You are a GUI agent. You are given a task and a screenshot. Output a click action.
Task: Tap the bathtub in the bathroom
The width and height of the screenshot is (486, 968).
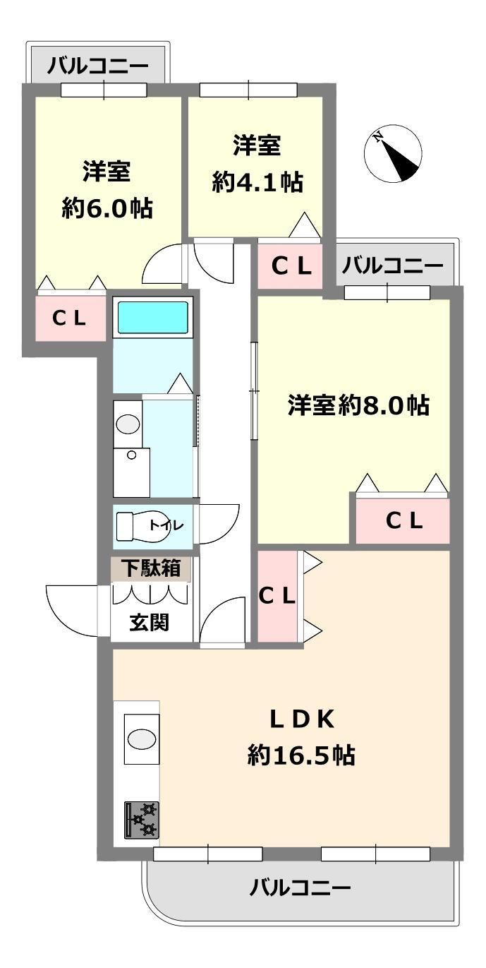(x=152, y=318)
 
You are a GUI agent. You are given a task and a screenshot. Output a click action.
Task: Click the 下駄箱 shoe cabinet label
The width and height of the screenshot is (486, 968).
(x=150, y=568)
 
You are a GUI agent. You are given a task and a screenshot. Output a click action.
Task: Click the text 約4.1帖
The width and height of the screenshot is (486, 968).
(x=257, y=182)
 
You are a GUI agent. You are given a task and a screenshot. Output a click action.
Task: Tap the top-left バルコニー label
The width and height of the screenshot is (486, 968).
(x=97, y=66)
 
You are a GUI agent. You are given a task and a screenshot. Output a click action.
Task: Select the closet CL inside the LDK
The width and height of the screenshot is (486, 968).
(x=277, y=597)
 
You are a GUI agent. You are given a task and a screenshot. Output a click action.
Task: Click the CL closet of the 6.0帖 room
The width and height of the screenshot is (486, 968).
(x=71, y=318)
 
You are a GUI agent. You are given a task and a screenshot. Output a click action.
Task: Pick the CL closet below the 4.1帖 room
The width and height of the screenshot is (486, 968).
(x=290, y=266)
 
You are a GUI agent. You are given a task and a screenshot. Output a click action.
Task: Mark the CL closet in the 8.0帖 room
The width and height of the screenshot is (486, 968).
(x=403, y=521)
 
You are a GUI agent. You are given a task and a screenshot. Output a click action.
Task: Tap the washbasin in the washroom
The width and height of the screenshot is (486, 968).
(x=128, y=424)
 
